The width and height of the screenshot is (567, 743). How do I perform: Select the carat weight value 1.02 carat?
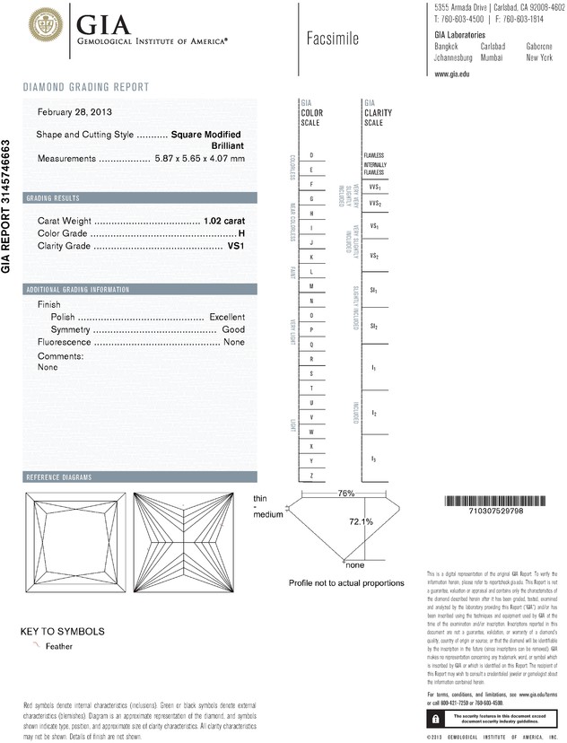pos(224,220)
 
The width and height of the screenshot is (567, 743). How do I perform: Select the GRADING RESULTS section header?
pos(54,197)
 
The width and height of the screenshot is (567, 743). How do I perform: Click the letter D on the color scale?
pos(311,156)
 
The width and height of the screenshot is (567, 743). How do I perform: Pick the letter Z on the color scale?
pos(311,475)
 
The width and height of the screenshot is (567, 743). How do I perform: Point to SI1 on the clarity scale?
pos(374,292)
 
